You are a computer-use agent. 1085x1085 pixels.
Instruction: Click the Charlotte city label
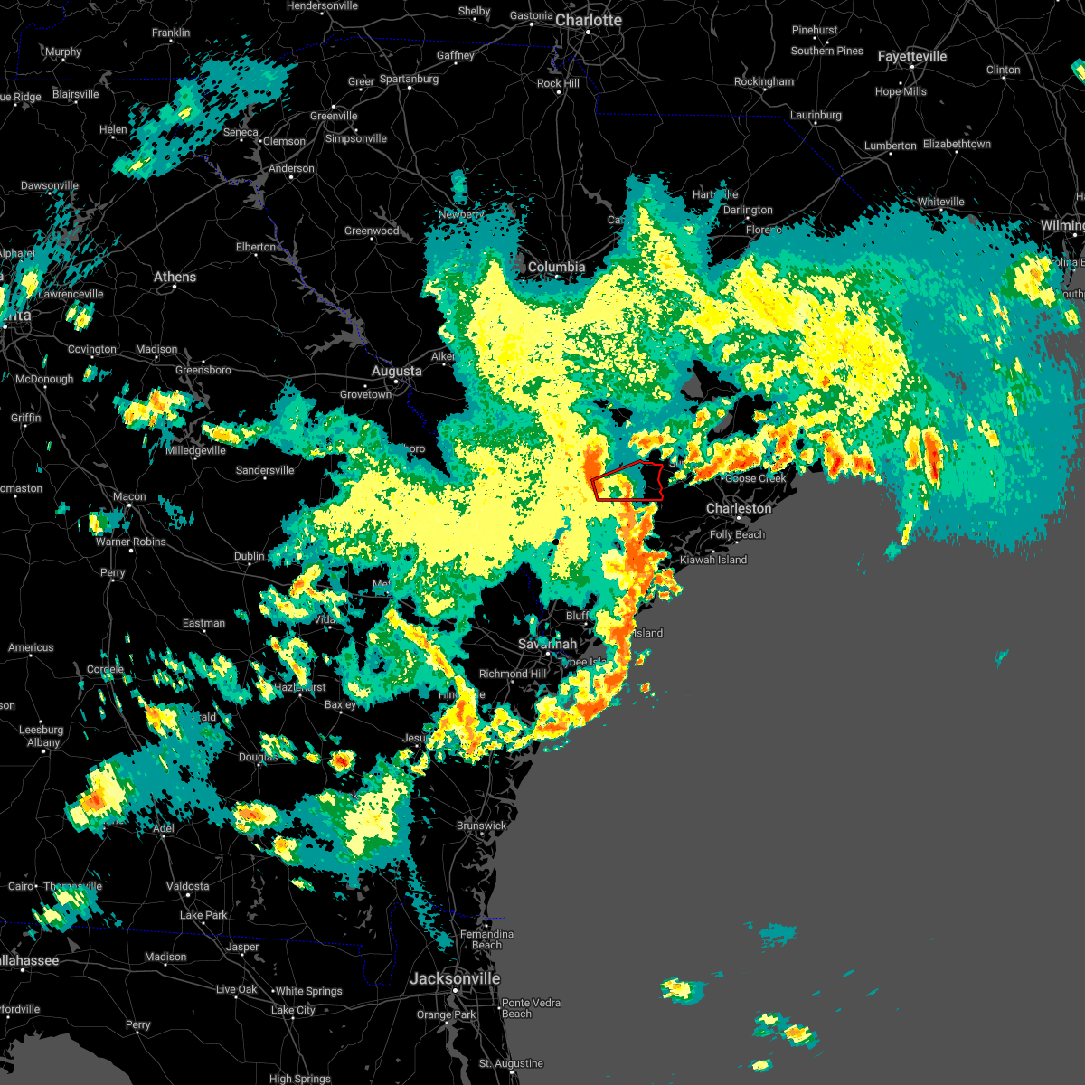click(x=588, y=20)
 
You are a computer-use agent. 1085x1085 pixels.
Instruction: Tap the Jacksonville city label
click(x=455, y=978)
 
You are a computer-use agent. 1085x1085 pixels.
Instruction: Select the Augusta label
click(x=396, y=371)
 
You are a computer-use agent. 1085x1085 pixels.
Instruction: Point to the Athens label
click(x=175, y=277)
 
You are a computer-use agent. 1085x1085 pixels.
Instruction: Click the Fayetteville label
click(x=912, y=56)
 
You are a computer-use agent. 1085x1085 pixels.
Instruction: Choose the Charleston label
click(x=739, y=508)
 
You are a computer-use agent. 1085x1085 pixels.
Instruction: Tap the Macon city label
click(x=129, y=496)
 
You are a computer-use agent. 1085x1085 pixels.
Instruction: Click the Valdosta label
click(x=188, y=886)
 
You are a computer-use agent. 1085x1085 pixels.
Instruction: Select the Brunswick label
click(x=482, y=826)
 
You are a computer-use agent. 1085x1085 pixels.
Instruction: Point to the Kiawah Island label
click(x=713, y=560)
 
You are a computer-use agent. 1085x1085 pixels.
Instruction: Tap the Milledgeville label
click(x=196, y=450)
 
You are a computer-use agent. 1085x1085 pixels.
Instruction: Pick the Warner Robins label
click(x=131, y=542)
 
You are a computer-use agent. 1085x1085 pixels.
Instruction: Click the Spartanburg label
click(x=409, y=79)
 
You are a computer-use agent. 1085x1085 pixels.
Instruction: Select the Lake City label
click(x=293, y=1010)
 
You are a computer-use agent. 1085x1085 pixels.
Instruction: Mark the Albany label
click(x=43, y=742)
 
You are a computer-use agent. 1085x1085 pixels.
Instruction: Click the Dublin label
click(x=250, y=556)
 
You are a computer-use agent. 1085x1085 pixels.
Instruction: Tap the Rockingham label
click(x=764, y=81)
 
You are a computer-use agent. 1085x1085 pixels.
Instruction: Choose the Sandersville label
click(x=265, y=470)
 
